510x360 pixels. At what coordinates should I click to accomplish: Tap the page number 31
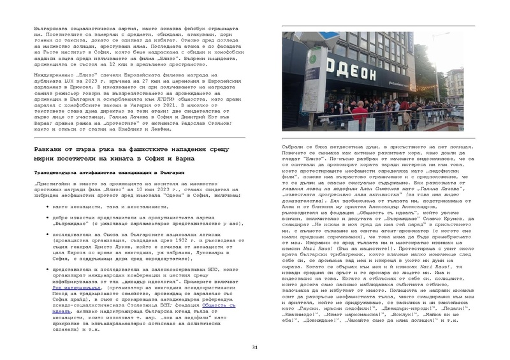click(x=255, y=347)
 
